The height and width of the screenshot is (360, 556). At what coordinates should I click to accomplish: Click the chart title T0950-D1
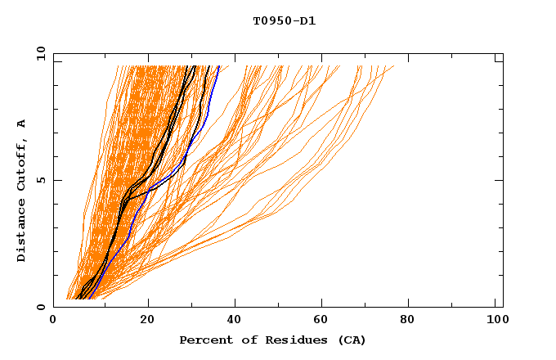[284, 21]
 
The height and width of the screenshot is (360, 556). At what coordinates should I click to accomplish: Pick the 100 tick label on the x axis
[495, 321]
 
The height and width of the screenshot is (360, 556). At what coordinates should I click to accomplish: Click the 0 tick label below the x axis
[54, 321]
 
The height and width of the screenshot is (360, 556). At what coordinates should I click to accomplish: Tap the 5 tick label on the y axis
[40, 180]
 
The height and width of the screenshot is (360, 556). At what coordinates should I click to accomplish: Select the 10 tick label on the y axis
[38, 54]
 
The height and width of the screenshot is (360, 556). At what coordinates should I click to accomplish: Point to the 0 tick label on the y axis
[40, 307]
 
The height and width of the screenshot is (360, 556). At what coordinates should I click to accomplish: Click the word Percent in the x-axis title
[205, 340]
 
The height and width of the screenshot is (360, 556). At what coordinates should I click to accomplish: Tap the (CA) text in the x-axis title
[349, 340]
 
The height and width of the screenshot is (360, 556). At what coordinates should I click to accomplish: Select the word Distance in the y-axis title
[22, 232]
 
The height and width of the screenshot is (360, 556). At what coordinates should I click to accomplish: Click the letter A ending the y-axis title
[22, 123]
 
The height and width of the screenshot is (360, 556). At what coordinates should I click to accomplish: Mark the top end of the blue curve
[218, 66]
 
